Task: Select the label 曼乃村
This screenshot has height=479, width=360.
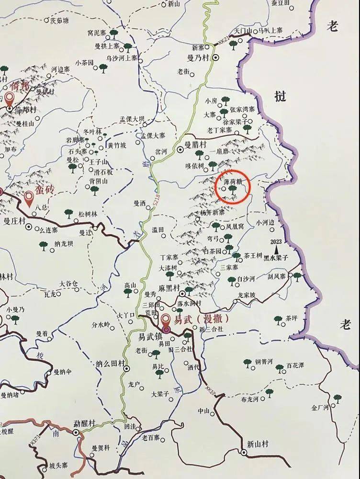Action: [x=202, y=57]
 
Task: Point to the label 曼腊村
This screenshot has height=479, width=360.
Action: [x=196, y=143]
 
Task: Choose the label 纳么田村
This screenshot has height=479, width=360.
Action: [x=109, y=362]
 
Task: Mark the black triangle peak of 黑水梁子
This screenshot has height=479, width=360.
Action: [x=277, y=250]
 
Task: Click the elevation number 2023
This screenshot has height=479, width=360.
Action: [x=276, y=241]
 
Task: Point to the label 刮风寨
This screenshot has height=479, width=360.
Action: [x=276, y=276]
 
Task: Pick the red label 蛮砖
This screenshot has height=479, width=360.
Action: [x=44, y=190]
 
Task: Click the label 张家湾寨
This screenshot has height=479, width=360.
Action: [x=242, y=109]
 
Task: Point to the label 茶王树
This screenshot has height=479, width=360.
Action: [x=253, y=255]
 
